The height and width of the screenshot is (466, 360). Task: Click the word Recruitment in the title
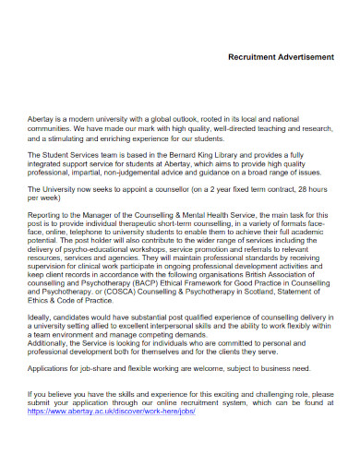click(251, 56)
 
